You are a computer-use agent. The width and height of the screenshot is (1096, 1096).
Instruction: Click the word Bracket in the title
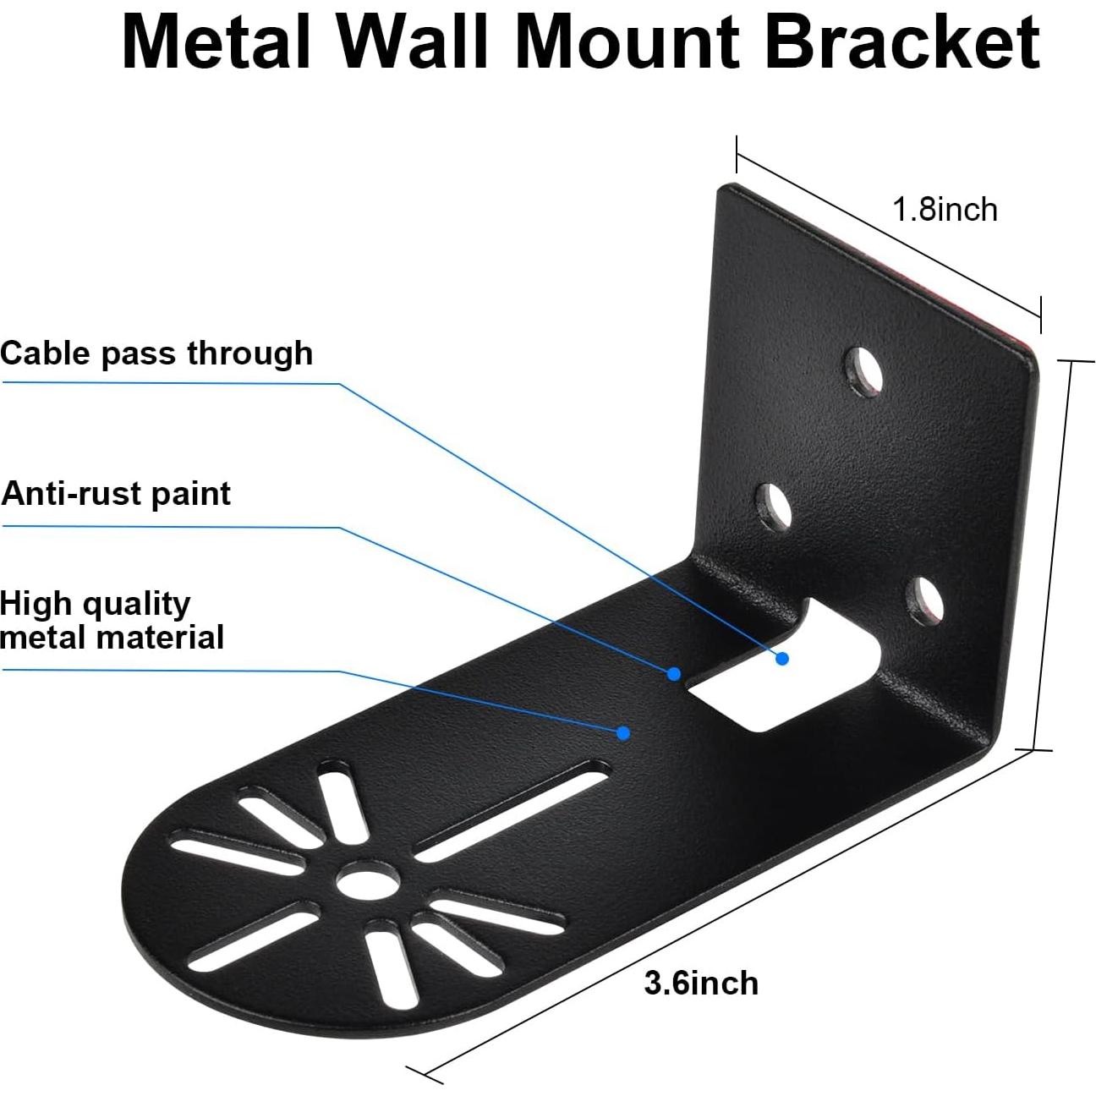(901, 42)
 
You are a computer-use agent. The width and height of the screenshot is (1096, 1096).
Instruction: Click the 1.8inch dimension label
(945, 210)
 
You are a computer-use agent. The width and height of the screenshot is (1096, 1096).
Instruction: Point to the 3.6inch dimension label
(701, 984)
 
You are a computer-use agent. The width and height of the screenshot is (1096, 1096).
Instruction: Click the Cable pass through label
(156, 353)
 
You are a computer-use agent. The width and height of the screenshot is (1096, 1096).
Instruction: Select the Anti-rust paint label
(116, 494)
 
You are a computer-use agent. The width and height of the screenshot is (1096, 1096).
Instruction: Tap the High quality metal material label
(112, 621)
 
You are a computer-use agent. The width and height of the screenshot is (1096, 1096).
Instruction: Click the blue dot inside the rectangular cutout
(782, 658)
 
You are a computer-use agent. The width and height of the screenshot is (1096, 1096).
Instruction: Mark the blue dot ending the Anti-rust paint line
(674, 674)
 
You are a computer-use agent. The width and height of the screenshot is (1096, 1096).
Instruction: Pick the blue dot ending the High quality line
(623, 732)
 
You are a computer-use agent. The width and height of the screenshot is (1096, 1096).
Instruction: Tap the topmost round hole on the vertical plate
(863, 370)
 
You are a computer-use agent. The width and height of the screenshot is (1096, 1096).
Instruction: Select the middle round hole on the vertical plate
(772, 506)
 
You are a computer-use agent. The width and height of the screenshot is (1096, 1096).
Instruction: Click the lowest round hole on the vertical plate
(923, 600)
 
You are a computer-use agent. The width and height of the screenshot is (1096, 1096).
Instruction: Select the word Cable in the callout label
(47, 353)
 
